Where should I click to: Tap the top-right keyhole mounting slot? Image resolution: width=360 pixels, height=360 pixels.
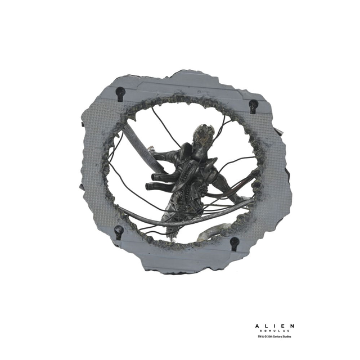tap(253, 105)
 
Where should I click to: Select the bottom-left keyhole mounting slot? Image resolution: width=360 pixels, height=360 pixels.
tap(119, 231)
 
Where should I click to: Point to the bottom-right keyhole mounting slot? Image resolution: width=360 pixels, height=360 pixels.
tap(235, 243)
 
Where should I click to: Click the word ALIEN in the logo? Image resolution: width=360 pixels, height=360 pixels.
tap(274, 326)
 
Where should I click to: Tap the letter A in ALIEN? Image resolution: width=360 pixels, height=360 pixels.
tap(257, 326)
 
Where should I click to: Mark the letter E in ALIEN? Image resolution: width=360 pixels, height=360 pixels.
tap(283, 326)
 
